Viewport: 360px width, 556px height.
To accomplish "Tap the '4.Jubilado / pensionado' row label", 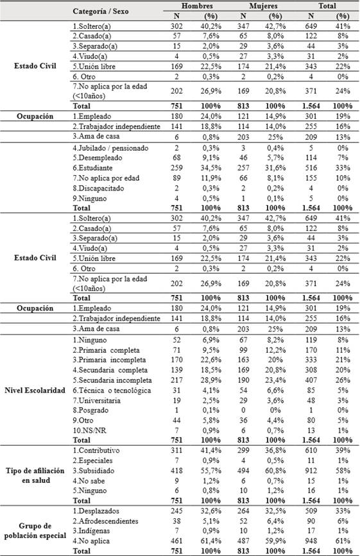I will [x=111, y=147].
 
